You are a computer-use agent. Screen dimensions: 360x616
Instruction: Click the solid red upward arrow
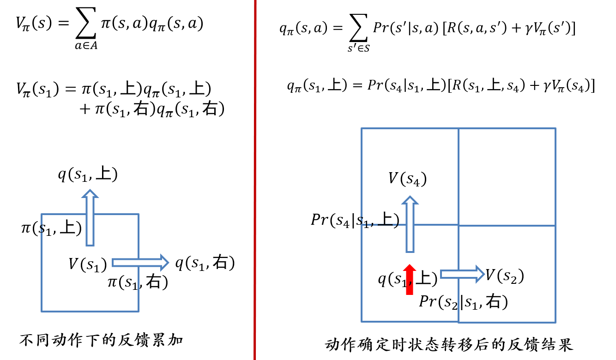(x=410, y=280)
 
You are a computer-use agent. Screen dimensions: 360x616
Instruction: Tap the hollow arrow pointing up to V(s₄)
(x=410, y=224)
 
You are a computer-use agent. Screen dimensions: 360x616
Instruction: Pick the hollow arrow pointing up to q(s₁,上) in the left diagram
(x=90, y=218)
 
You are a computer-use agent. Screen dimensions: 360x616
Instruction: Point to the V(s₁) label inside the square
(x=87, y=264)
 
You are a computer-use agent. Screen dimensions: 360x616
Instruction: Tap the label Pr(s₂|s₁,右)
(x=463, y=302)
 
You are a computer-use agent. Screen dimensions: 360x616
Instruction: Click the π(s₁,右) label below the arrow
(x=137, y=282)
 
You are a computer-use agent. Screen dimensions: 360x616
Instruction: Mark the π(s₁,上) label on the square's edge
(x=51, y=228)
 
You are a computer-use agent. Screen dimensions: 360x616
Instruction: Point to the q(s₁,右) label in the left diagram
(x=205, y=264)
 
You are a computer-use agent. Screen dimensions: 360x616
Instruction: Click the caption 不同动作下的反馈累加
(x=102, y=341)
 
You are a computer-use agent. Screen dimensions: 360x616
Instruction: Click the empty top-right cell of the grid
(x=507, y=176)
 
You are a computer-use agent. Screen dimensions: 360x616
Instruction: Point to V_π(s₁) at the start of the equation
(x=37, y=88)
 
